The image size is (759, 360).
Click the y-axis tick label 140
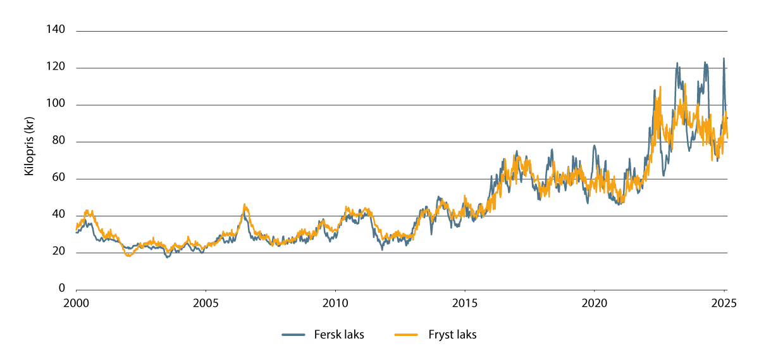pos(56,30)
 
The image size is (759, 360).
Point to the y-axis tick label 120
pos(56,67)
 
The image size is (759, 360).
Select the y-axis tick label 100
pos(56,104)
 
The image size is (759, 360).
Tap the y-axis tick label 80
pos(59,142)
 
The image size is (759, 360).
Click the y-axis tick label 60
pos(59,178)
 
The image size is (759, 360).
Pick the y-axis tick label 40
pos(59,216)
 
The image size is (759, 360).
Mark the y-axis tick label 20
pos(59,252)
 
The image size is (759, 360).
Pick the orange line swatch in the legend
pos(406,335)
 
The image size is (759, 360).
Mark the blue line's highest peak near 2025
pos(724,58)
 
